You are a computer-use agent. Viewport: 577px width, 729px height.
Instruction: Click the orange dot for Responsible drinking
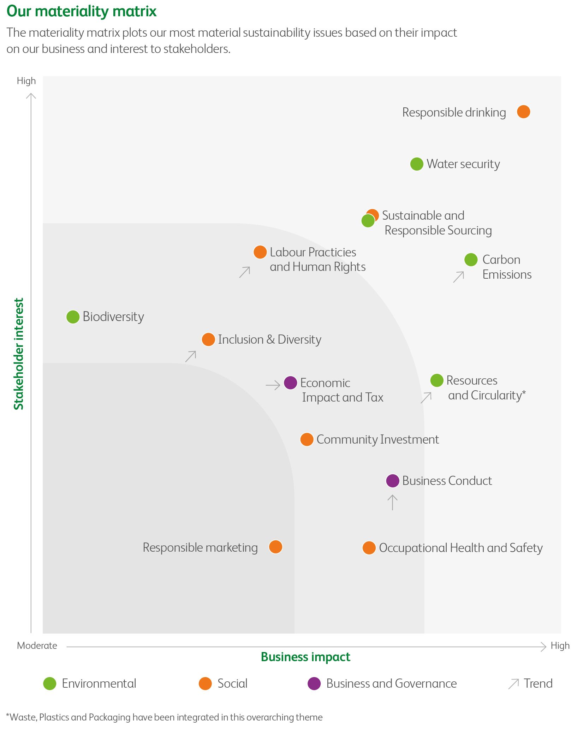[x=523, y=112]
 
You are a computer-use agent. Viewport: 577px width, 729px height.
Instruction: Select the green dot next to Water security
[x=417, y=164]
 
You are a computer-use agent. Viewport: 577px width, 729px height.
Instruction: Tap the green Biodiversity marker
[x=73, y=317]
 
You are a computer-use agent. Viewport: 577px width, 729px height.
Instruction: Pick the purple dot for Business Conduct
[x=392, y=481]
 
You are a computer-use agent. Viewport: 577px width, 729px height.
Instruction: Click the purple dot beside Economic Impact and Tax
[x=290, y=383]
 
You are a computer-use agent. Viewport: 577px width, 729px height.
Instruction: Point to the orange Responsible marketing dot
[x=275, y=547]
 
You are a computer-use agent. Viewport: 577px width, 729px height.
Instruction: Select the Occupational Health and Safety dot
[x=369, y=548]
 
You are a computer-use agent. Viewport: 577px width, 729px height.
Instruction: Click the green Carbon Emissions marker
[x=471, y=260]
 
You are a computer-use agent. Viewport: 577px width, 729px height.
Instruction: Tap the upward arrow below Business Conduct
[x=392, y=502]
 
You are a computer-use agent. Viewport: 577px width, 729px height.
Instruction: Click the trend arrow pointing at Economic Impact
[x=273, y=385]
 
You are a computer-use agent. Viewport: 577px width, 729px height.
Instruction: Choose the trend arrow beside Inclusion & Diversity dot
[x=191, y=356]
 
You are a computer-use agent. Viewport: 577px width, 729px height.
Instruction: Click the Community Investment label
[x=377, y=439]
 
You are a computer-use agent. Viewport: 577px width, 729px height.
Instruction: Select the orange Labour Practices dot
[x=260, y=252]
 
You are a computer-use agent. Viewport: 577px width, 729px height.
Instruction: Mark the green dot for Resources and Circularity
[x=436, y=380]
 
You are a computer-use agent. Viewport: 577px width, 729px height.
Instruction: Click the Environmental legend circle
[x=50, y=683]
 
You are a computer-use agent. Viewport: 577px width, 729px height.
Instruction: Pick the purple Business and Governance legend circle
[x=314, y=683]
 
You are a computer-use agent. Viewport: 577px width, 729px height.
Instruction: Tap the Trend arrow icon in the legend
[x=513, y=684]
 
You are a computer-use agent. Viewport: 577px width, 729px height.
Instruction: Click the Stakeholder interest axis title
[x=18, y=354]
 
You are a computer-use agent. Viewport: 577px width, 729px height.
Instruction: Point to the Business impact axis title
[x=305, y=657]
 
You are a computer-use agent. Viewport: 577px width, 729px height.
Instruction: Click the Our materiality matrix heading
[x=82, y=11]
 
